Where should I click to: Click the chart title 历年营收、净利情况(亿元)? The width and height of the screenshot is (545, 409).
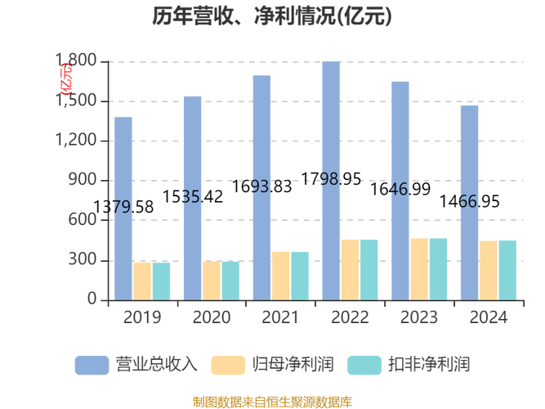272,17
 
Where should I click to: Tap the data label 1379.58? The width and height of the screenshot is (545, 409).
123,207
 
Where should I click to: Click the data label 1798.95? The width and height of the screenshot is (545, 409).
332,179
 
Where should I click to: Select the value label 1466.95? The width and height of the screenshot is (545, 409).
470,201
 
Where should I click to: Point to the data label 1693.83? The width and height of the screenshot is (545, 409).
262,187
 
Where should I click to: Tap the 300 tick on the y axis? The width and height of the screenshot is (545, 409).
85,260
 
